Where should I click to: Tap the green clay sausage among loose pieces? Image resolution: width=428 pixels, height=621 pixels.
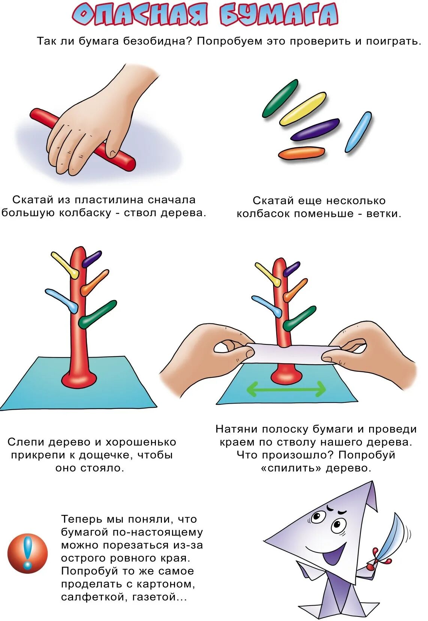280,98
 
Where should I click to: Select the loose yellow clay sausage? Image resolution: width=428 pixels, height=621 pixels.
303,109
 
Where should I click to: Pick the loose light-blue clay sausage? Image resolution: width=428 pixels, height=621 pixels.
358,132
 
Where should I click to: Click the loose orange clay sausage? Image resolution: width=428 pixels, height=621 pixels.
301,153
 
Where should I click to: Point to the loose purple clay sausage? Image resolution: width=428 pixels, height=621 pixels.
315,130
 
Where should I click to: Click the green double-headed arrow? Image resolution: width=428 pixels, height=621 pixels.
286,389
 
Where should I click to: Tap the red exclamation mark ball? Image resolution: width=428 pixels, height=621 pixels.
28,553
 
